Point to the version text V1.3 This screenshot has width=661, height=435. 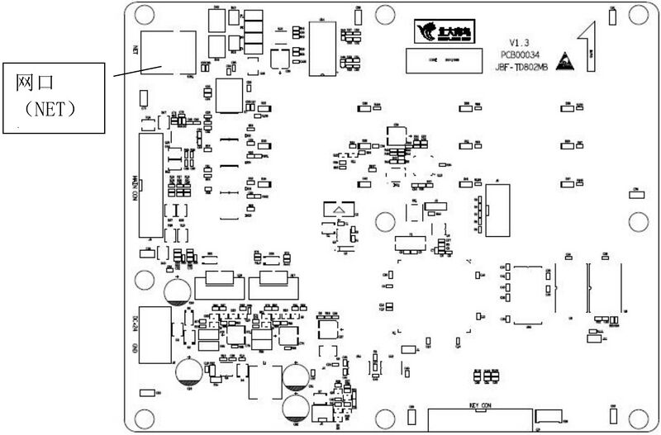519,41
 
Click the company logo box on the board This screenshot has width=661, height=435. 440,31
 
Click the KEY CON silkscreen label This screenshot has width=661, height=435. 480,405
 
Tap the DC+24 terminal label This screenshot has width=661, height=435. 134,319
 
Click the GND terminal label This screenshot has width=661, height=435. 134,347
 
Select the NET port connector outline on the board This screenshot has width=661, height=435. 168,52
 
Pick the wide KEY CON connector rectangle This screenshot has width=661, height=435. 478,419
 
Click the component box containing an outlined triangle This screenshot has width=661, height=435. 338,212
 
